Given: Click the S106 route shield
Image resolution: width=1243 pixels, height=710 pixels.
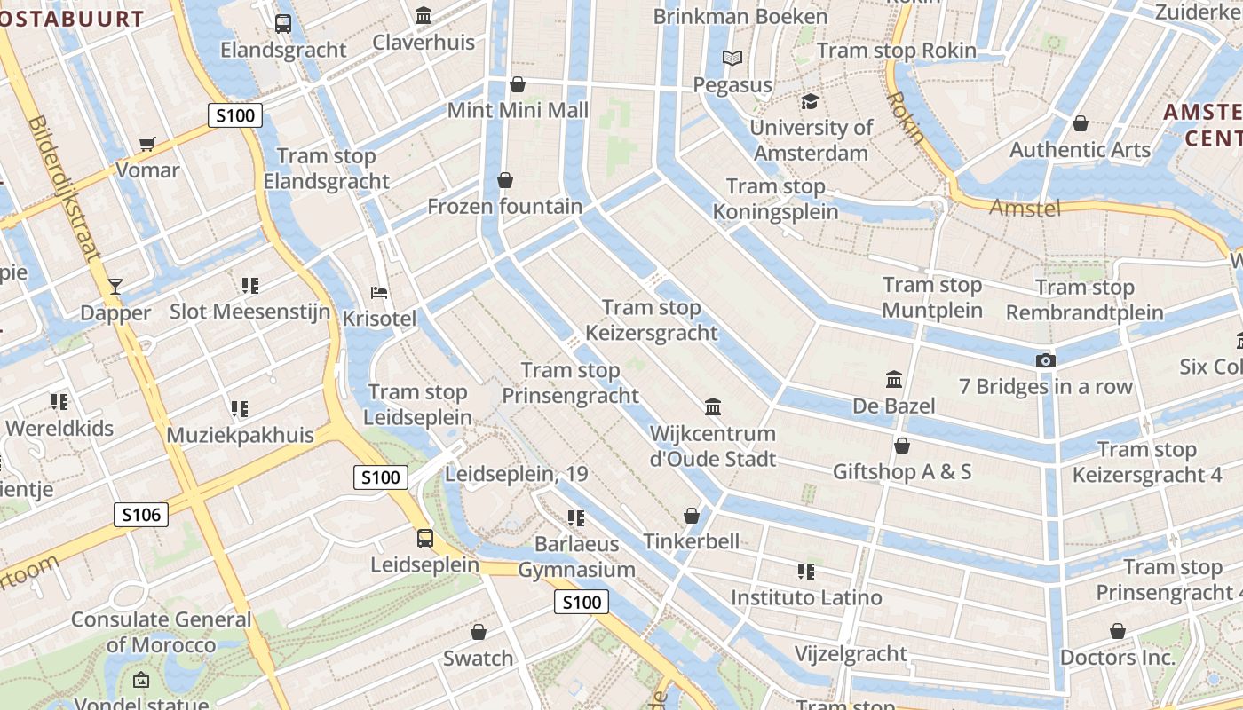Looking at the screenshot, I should coord(141,515).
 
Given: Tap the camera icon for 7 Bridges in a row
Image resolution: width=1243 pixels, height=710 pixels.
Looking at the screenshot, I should coord(1046,360).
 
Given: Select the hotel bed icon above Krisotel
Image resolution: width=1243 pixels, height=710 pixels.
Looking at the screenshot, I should coord(379,293).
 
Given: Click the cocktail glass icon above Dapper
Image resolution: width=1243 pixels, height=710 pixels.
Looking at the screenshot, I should coord(115,286).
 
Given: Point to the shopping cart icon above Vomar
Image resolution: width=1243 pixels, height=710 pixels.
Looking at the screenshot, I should coord(147,144).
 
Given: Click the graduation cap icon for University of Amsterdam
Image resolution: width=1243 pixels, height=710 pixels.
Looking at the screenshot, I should coord(809,101).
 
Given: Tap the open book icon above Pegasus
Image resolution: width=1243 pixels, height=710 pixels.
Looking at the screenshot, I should coord(732,59).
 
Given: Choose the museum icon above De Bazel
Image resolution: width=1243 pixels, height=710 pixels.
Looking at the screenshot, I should coord(894,380).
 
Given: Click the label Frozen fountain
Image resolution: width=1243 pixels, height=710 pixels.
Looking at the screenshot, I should coord(504,207).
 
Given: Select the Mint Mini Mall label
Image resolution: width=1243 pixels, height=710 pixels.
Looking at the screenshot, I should coord(518,111).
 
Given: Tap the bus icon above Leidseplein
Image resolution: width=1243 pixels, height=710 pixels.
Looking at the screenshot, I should coord(425,539).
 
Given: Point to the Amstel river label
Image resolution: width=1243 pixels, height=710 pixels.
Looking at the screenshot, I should coord(1025,209).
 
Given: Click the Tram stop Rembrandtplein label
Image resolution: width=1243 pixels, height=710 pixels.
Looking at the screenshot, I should coord(1084,300).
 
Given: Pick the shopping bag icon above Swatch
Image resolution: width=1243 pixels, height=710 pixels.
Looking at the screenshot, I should coord(479,632).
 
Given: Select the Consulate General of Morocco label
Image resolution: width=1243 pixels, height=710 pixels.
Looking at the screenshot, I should coord(161,632).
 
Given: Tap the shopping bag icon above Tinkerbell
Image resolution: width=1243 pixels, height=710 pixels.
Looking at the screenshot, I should coord(691,516).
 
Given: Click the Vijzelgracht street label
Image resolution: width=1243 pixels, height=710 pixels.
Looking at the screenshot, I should coord(850,655).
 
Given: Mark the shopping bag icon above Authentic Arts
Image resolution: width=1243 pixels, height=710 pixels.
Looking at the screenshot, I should coord(1081,123).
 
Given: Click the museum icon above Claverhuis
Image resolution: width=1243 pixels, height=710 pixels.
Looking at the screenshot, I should coord(424,16).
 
